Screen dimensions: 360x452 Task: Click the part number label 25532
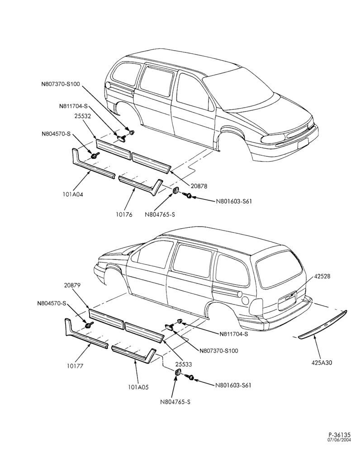(83, 117)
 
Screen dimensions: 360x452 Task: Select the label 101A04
(73, 194)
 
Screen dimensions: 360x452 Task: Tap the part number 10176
(124, 214)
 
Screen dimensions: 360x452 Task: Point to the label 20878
(199, 186)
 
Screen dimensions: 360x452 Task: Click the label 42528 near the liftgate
(322, 276)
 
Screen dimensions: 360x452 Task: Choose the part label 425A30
(322, 363)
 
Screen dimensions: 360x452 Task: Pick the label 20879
(72, 285)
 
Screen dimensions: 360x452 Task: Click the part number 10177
(75, 366)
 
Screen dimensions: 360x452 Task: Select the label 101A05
(138, 387)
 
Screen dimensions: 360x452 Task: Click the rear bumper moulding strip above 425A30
(322, 325)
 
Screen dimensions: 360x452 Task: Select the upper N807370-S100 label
(60, 84)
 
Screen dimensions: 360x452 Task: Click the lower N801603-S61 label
(233, 385)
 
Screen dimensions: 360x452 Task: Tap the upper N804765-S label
(160, 214)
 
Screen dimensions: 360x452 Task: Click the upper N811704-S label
(73, 106)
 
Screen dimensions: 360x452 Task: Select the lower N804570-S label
(52, 303)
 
